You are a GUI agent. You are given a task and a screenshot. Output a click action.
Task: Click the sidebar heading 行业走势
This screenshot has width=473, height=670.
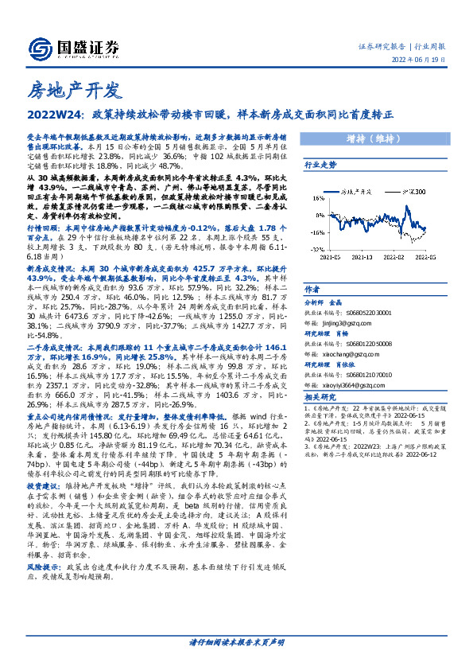(x=322, y=164)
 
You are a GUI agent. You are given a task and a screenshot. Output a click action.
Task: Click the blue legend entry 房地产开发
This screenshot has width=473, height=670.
(x=356, y=193)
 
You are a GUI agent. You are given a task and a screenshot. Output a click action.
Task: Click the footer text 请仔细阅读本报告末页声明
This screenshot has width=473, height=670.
(x=236, y=641)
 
